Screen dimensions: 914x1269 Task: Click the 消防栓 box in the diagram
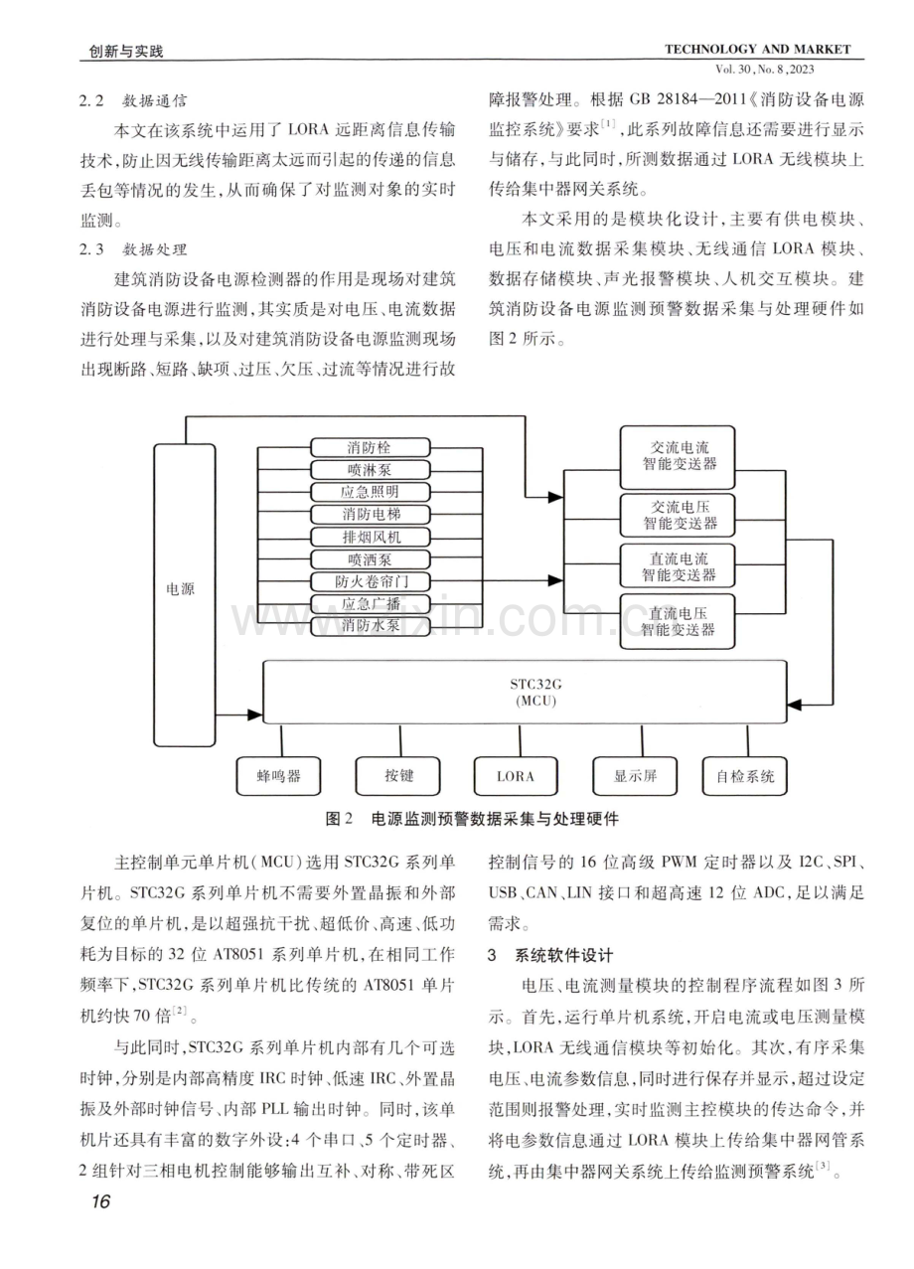tap(370, 447)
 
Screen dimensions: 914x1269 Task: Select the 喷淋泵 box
tap(370, 470)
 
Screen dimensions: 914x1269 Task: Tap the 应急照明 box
tap(370, 492)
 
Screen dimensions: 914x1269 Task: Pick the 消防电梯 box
tap(370, 515)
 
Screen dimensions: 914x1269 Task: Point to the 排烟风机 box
tap(370, 537)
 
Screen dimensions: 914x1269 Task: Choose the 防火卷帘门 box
tap(370, 581)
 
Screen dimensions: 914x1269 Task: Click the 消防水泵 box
tap(370, 625)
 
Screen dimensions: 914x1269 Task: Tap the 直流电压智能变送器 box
tap(678, 621)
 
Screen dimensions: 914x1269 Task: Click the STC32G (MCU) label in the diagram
tap(535, 693)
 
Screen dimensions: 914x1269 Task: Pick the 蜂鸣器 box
tap(278, 775)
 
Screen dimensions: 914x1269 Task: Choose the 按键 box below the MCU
tap(397, 775)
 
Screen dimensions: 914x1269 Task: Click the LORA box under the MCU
tap(516, 775)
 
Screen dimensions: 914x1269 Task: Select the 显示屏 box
tap(635, 775)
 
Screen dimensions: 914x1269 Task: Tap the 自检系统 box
tap(745, 775)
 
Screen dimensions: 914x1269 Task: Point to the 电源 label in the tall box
tap(180, 589)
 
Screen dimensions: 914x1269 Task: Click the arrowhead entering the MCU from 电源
tap(256, 714)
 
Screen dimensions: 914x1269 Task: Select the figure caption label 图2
tap(339, 819)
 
